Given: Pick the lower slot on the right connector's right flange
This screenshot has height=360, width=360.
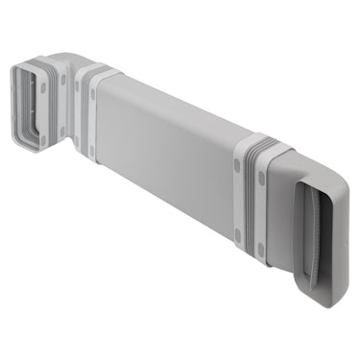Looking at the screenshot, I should (261, 252).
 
